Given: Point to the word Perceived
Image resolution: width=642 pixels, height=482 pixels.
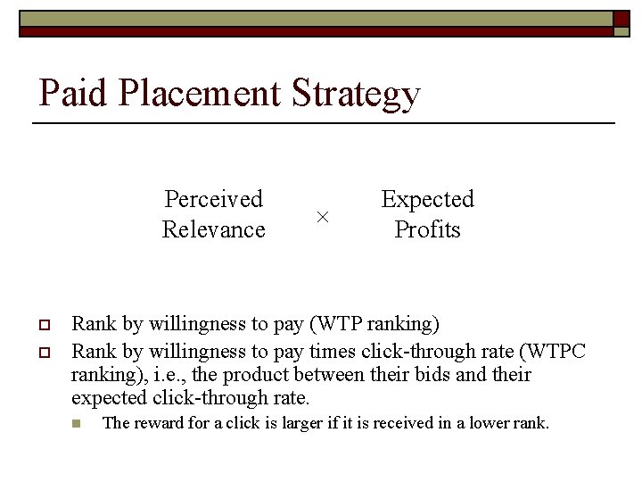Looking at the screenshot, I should tap(214, 199).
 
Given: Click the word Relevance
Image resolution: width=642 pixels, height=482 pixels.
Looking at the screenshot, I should tap(214, 229).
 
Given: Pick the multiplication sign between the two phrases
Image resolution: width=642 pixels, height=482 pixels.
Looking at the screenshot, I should tap(323, 217).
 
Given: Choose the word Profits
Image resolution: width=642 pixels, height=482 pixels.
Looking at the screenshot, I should tap(427, 229).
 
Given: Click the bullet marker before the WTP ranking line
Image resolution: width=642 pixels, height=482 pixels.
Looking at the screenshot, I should tap(42, 324).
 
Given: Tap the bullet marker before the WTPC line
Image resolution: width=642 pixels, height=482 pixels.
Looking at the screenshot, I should tap(42, 351).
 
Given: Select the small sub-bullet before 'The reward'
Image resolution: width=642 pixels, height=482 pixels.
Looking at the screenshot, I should tap(76, 423).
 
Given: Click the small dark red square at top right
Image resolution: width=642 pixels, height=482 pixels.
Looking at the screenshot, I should tap(621, 19).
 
